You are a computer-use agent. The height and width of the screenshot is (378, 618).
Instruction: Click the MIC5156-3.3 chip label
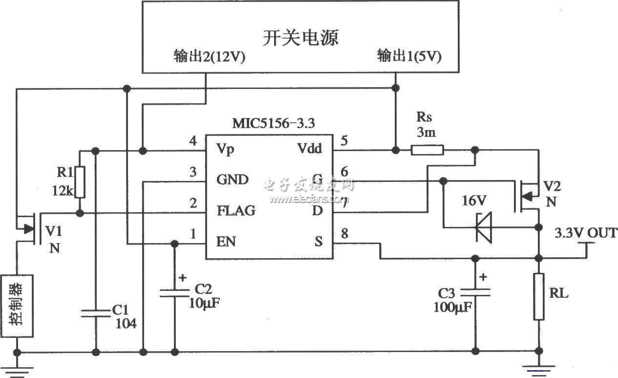pos(274,123)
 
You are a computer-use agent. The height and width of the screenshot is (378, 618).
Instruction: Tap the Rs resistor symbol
pos(427,150)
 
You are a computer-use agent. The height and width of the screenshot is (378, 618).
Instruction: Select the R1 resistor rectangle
pos(80,182)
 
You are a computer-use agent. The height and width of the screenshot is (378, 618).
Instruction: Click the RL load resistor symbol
pos(538,297)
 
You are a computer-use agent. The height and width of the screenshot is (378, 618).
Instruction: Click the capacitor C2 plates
pos(174,293)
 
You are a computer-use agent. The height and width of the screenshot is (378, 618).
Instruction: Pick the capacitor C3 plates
pos(475,292)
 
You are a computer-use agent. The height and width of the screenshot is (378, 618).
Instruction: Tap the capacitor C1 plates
pos(96,313)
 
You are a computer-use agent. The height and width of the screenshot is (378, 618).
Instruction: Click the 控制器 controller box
pos(17,306)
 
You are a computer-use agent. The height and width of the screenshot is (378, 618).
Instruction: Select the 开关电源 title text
pos(300,38)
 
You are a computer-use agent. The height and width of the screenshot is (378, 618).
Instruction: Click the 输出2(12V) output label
pos(210,56)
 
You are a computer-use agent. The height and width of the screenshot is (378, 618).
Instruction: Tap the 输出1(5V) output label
pos(409,56)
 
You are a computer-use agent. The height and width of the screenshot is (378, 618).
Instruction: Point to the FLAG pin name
pos(236,211)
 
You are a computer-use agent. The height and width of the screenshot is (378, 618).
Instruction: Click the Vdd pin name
pos(309,148)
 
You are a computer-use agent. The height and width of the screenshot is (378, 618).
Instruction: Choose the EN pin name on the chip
pos(226,242)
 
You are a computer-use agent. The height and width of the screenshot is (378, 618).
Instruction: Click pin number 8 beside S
pos(344,233)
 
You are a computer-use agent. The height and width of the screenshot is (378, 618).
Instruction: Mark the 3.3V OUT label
pos(586,233)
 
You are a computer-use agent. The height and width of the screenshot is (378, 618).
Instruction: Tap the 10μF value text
pos(204,303)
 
